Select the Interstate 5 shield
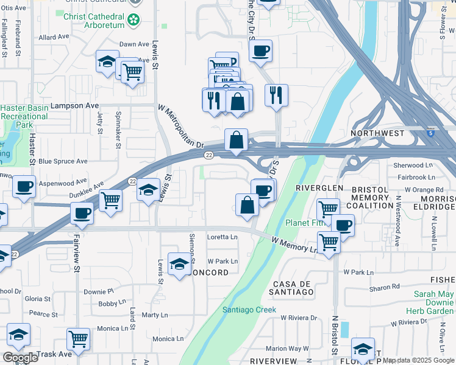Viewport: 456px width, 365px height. coord(431,132)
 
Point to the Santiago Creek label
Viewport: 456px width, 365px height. coord(249,310)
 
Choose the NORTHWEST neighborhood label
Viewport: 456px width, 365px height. coord(377,133)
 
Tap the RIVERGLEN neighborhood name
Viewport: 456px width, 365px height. coord(319,188)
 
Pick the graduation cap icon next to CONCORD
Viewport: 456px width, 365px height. coord(179,264)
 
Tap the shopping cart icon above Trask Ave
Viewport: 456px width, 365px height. coord(78,338)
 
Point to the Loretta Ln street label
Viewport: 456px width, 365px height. coord(223,237)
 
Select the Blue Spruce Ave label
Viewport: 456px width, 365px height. coord(63,161)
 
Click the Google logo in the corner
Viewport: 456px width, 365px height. coord(20,358)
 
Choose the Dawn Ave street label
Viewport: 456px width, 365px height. coord(134,44)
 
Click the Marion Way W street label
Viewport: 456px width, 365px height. coord(287,349)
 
